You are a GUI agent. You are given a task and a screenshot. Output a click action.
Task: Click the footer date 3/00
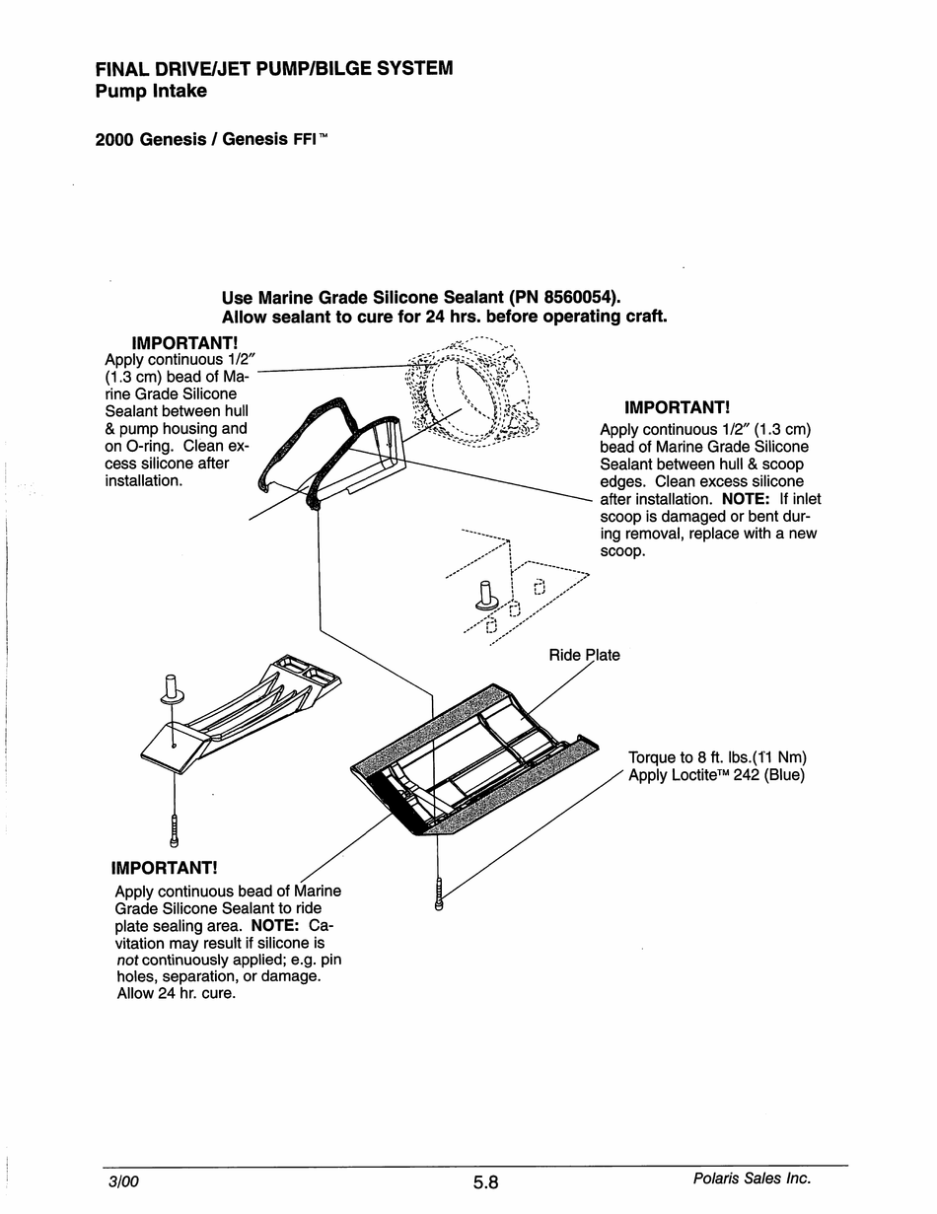123,1181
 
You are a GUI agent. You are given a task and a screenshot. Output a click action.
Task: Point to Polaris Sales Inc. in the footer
752,1178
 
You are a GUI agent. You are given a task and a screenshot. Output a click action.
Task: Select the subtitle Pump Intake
151,92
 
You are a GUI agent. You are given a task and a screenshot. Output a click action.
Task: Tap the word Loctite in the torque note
701,775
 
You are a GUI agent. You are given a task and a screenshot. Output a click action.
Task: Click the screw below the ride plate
438,892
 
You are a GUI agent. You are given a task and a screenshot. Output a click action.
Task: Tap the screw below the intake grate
175,830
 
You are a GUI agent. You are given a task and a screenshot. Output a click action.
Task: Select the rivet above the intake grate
171,687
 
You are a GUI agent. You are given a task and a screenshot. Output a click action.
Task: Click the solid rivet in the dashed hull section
485,596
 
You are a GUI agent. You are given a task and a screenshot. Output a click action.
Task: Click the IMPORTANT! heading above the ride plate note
164,868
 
